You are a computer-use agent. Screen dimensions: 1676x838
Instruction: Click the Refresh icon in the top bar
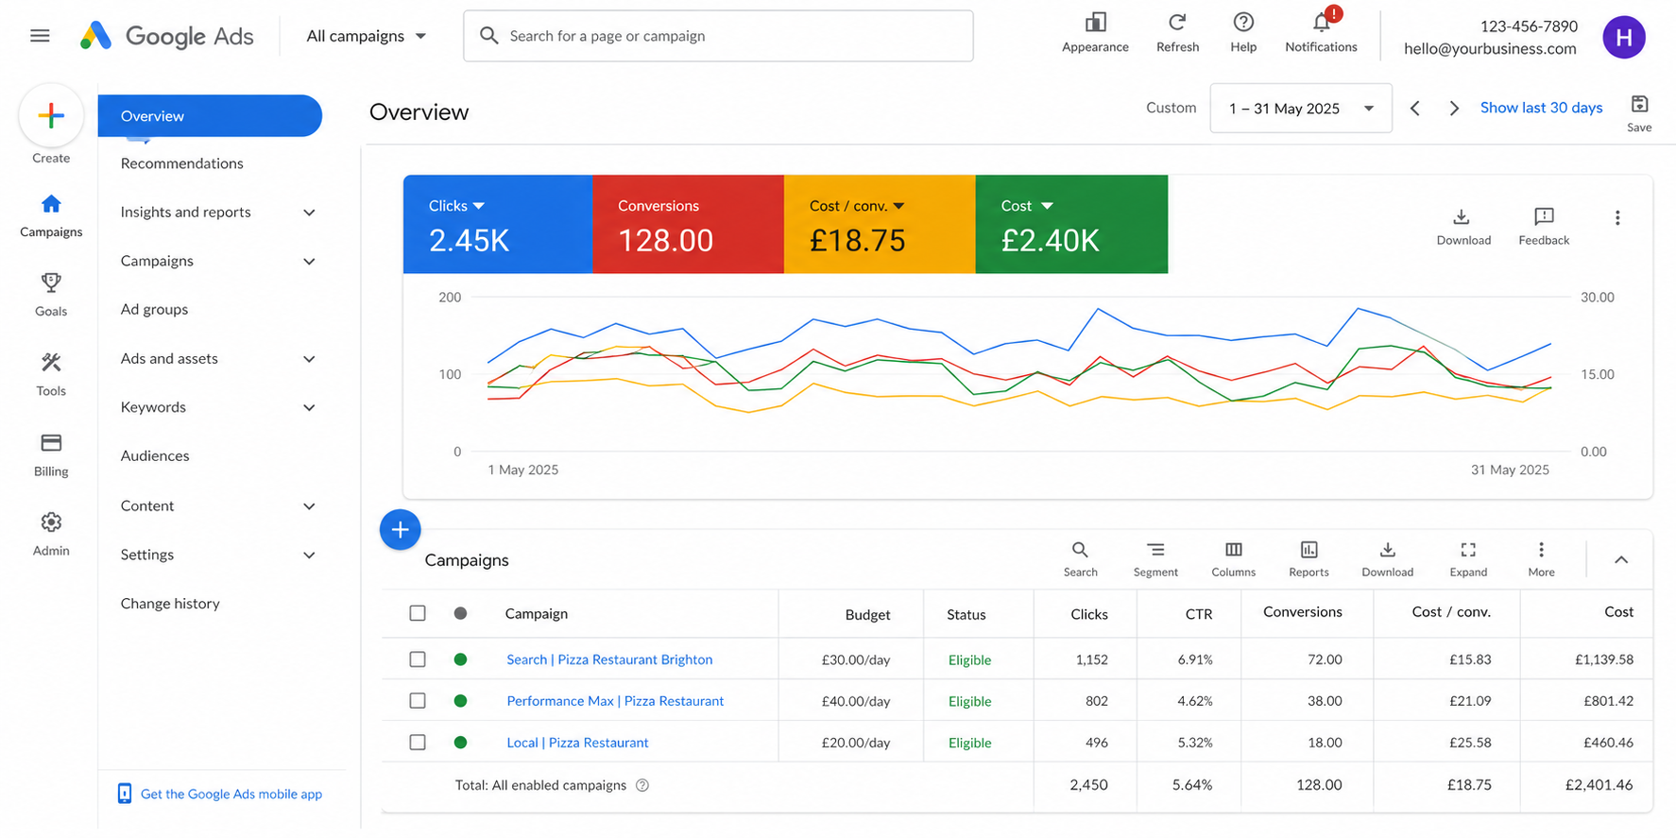tap(1177, 22)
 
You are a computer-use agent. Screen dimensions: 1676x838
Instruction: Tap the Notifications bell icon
tap(1322, 22)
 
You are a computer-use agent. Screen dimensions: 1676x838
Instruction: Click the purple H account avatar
tap(1624, 37)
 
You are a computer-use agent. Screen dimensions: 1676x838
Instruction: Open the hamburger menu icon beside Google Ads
tap(40, 36)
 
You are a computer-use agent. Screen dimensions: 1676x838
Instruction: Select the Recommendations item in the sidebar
tap(182, 163)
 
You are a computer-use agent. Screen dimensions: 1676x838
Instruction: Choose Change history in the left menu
tap(170, 604)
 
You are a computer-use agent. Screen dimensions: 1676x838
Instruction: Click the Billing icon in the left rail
tap(51, 442)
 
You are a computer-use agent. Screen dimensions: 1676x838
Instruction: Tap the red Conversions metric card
tap(689, 224)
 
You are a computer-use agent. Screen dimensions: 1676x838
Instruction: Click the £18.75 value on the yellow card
tap(858, 241)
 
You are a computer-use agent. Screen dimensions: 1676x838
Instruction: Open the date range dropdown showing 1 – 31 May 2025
tap(1301, 108)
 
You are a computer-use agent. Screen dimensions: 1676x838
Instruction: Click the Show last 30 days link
tap(1541, 108)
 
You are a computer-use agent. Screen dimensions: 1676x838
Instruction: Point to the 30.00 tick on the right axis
tap(1598, 297)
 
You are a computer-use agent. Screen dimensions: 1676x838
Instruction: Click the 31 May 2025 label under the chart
tap(1510, 470)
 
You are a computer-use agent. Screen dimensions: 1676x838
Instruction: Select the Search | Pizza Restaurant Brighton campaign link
tap(609, 659)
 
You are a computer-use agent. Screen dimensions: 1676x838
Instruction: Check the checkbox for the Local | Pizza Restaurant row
tap(418, 743)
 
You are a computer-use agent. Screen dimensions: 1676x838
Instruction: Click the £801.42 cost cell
tap(1609, 701)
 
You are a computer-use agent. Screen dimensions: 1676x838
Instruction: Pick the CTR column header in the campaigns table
tap(1199, 614)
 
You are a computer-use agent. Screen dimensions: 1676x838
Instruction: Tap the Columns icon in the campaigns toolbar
tap(1234, 550)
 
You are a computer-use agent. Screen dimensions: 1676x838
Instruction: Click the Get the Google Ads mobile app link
tap(231, 794)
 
